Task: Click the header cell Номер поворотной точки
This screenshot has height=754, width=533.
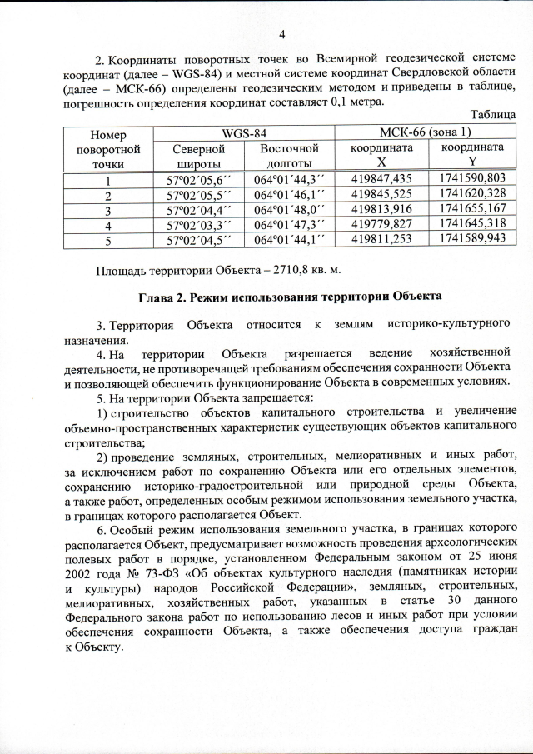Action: coord(107,148)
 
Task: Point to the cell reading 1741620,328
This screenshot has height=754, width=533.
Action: coord(471,194)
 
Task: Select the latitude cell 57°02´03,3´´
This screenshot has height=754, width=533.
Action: coord(197,223)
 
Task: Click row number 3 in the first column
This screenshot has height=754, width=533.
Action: coord(107,208)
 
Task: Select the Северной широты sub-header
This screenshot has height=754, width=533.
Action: coord(197,156)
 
